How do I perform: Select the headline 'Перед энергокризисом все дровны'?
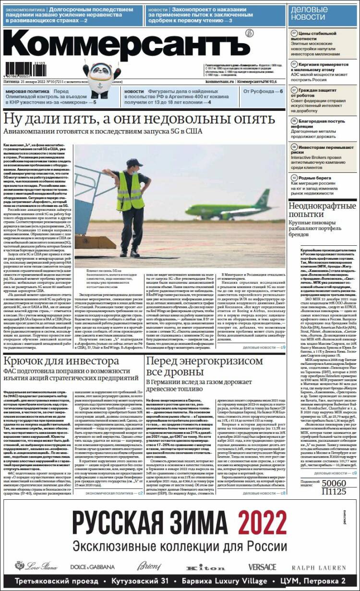coord(205,367)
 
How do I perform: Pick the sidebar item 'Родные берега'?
coord(312,178)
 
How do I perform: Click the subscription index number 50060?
coord(334,483)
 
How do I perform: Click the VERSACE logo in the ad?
coord(262,567)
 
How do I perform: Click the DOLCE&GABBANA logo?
coord(93,567)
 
